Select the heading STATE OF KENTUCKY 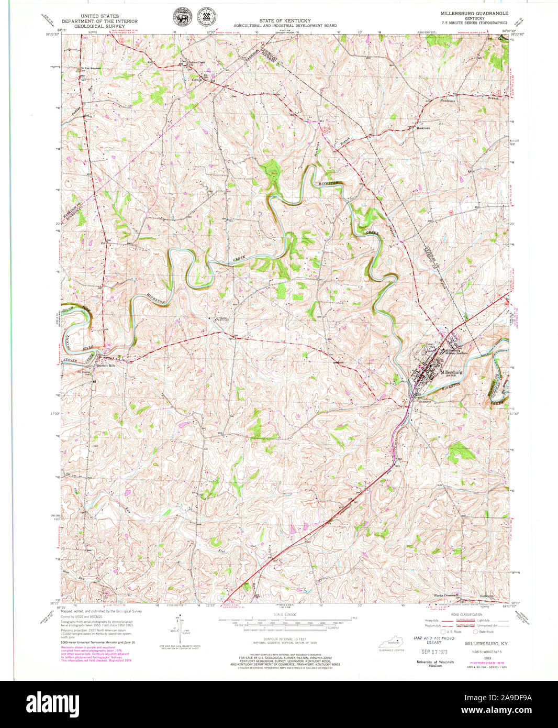285,21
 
